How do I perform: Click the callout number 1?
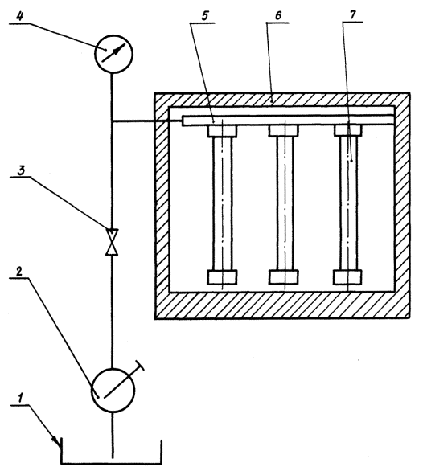point(20,398)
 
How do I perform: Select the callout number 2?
point(18,272)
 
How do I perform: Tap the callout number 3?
point(21,171)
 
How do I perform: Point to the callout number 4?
point(19,16)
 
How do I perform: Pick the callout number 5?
point(205,16)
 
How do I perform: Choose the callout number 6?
point(278,15)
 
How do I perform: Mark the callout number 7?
point(353,15)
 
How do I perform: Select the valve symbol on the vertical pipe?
point(112,242)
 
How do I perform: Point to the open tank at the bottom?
point(112,463)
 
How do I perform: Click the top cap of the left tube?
point(222,131)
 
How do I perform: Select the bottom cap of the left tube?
point(222,277)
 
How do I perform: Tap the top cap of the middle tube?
point(284,131)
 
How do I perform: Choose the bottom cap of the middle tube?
point(284,277)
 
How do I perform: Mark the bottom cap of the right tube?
point(347,277)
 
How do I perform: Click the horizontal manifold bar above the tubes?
point(289,121)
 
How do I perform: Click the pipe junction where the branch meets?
point(112,121)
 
